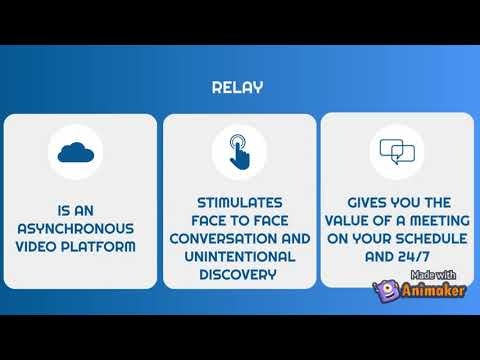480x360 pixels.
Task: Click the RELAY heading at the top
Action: click(x=237, y=87)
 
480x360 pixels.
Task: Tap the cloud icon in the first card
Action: click(x=80, y=152)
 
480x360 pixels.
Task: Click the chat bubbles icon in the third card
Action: click(x=397, y=152)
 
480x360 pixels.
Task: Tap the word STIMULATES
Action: click(x=239, y=203)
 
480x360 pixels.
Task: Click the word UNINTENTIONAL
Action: click(x=239, y=257)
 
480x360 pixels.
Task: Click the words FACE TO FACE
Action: click(x=239, y=221)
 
